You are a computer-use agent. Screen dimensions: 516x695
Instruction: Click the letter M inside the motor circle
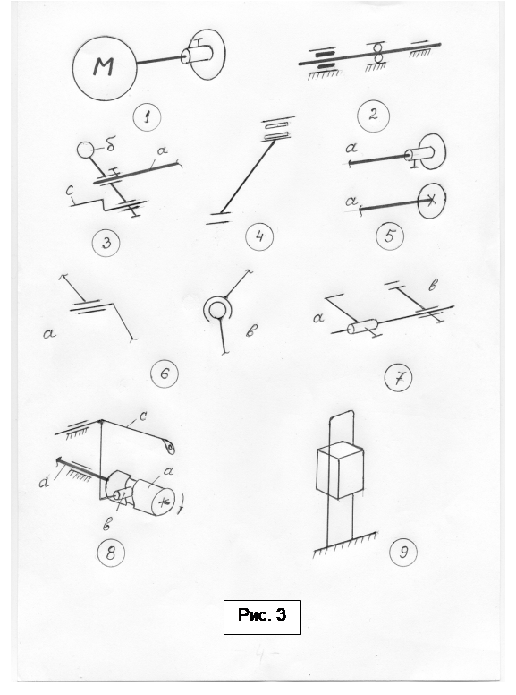click(104, 66)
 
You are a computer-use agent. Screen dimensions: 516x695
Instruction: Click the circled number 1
click(147, 117)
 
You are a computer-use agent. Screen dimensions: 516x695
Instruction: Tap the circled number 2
click(373, 116)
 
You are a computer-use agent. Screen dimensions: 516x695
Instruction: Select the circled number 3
click(106, 243)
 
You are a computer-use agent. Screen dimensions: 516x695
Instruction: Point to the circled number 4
click(259, 236)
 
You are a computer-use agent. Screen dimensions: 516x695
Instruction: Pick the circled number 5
click(390, 236)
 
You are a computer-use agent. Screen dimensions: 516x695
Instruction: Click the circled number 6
click(165, 374)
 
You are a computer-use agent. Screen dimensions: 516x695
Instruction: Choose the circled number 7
click(398, 378)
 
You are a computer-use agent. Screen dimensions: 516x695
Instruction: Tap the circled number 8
click(111, 553)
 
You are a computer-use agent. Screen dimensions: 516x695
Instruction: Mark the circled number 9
click(403, 553)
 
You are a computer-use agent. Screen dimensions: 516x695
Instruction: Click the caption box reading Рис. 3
click(262, 617)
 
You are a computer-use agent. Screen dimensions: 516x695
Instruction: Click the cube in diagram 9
click(341, 470)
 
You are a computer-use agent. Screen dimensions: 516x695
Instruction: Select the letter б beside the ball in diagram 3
click(111, 145)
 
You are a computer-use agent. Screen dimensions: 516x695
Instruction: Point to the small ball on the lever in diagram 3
click(86, 150)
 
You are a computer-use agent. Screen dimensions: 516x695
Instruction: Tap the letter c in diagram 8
click(143, 416)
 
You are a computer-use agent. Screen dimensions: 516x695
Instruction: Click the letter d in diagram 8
click(44, 481)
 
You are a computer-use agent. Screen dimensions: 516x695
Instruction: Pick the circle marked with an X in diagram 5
click(431, 201)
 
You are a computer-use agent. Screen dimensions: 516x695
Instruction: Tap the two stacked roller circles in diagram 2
click(378, 53)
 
